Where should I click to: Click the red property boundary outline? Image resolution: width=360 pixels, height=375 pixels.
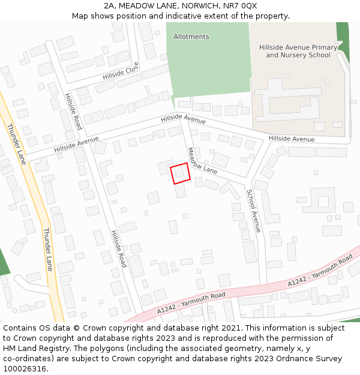click(180, 173)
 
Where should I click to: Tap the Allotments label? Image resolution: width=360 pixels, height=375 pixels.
click(191, 37)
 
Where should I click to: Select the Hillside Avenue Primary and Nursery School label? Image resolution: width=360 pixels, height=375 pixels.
click(298, 51)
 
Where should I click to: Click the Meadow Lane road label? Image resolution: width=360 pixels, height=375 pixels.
click(202, 161)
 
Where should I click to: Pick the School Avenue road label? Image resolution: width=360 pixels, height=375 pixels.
click(253, 211)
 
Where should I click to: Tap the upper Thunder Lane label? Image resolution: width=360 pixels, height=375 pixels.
click(16, 144)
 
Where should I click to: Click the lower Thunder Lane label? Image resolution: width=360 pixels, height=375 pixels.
click(48, 249)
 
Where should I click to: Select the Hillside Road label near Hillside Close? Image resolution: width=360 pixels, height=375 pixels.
click(73, 112)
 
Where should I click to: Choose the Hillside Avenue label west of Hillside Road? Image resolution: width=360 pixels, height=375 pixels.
click(76, 144)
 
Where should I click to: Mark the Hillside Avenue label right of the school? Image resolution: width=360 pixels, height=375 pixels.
click(291, 139)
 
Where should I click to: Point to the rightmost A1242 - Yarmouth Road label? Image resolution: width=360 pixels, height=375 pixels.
click(320, 271)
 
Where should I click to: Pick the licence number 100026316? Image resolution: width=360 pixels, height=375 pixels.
click(25, 369)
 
